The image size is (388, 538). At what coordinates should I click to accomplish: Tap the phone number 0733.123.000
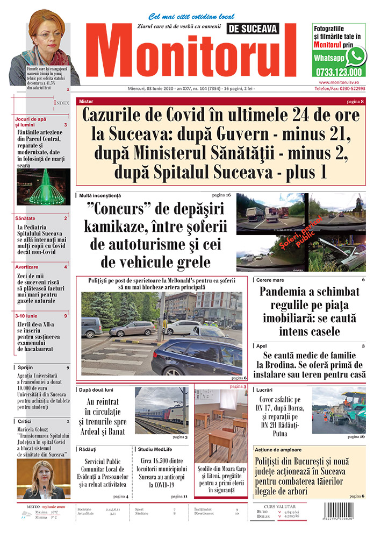tap(337, 72)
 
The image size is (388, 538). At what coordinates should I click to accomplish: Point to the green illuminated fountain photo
tap(43, 187)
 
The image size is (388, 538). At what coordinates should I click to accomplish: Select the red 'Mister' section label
tap(85, 101)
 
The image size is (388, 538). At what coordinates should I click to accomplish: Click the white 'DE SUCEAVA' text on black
tap(253, 30)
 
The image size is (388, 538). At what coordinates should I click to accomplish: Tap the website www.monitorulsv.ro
tap(339, 81)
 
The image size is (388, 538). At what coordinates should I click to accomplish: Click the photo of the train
tap(161, 410)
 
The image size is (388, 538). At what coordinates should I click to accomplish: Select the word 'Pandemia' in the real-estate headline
tap(283, 293)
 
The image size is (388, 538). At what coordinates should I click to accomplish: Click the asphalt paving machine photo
tap(339, 413)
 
